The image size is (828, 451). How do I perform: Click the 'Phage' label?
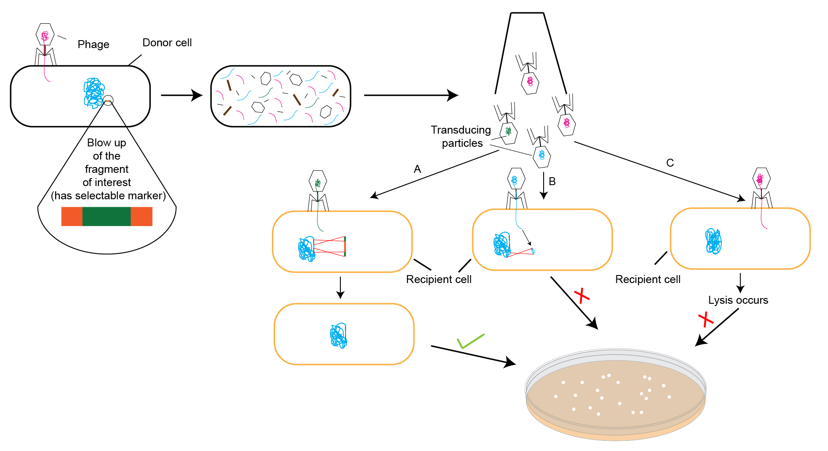click(93, 45)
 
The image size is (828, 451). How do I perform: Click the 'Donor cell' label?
click(167, 43)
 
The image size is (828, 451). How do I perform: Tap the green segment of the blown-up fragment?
click(106, 216)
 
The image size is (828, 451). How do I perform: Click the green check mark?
click(470, 341)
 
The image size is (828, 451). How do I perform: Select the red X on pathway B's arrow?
click(582, 296)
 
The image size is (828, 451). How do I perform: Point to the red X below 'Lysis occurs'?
click(705, 319)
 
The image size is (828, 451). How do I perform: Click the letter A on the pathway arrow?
click(417, 169)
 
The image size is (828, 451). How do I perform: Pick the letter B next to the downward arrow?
click(552, 181)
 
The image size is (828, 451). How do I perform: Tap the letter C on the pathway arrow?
click(670, 163)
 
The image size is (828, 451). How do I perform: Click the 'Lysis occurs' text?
click(738, 300)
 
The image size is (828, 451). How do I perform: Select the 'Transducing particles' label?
click(461, 136)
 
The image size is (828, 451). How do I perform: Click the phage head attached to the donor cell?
click(45, 35)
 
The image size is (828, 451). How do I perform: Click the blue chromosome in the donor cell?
click(94, 93)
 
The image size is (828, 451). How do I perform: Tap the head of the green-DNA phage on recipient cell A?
click(317, 181)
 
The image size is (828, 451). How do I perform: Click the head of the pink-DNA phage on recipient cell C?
click(761, 179)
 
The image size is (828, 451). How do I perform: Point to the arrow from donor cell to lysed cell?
click(181, 95)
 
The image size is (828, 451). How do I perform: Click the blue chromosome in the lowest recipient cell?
click(339, 336)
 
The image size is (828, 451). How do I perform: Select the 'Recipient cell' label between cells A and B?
click(438, 280)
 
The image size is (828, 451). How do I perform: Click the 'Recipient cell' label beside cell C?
click(647, 280)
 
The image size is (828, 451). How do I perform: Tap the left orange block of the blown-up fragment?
click(72, 216)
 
